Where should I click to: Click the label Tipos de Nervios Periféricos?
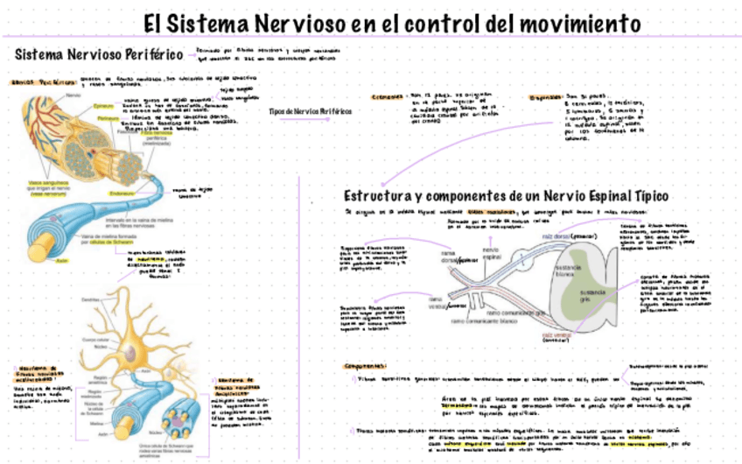tap(304, 111)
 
